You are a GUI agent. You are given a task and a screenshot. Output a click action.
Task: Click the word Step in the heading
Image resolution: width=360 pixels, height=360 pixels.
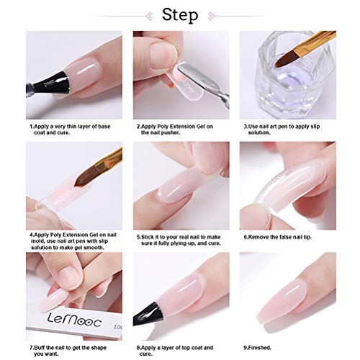point(179,14)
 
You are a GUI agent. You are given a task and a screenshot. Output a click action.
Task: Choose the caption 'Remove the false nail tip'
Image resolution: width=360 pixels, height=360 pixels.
point(276,235)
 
